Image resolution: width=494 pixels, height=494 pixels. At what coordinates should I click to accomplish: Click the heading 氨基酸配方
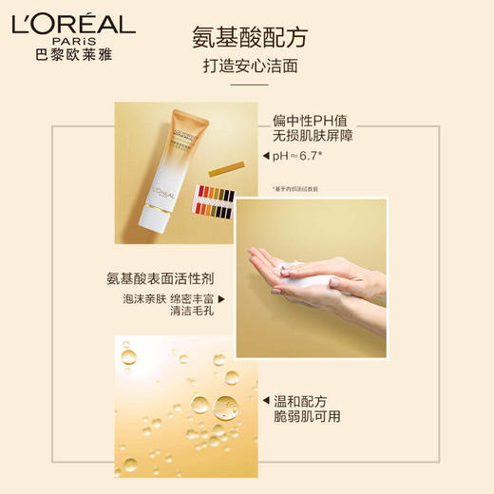click(237, 37)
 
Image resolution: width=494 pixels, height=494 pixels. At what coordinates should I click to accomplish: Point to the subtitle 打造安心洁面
click(237, 66)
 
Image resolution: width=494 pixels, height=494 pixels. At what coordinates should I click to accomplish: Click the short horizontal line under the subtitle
click(237, 85)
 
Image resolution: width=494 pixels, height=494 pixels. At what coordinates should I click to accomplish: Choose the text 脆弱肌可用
click(306, 416)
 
